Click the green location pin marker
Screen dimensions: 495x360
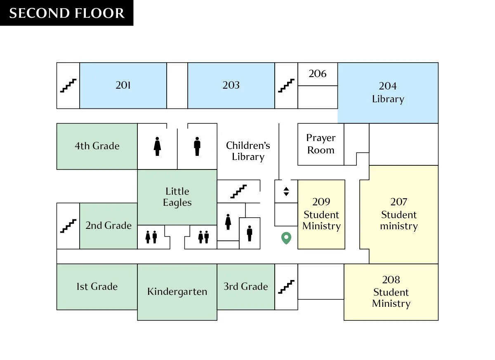286,238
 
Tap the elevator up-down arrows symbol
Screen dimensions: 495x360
286,191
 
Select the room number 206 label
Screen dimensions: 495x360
318,73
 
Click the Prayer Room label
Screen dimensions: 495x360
321,144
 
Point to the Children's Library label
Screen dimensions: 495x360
248,151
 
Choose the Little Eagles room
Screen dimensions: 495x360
177,197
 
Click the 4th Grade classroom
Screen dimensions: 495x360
97,146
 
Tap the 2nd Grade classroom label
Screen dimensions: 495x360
108,226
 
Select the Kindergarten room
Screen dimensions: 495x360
177,292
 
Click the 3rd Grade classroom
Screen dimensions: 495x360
246,287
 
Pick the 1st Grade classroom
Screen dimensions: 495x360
97,287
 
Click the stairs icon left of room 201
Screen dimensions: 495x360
68,85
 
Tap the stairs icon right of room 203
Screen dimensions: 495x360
286,85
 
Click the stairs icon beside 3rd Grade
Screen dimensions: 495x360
286,287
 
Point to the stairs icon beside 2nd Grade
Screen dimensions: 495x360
68,226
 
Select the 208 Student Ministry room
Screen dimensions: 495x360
391,292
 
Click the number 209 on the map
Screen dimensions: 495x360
321,202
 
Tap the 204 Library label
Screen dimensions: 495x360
388,92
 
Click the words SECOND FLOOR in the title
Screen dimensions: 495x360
67,13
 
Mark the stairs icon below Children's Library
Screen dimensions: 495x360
238,191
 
